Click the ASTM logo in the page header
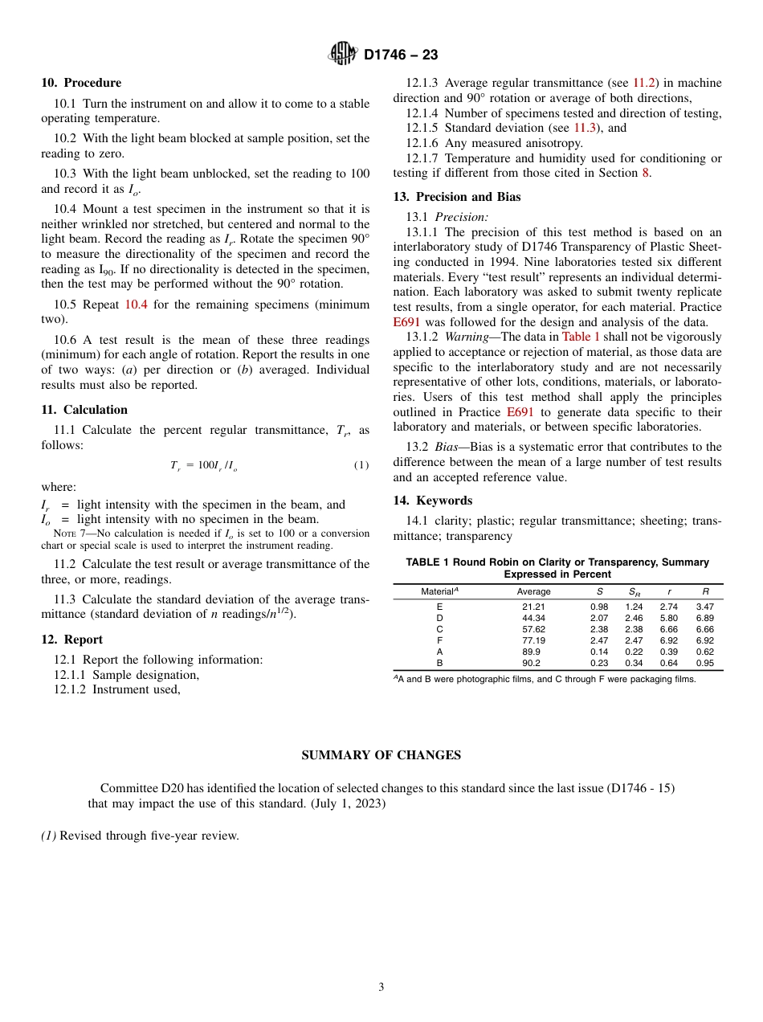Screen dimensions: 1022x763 (343, 55)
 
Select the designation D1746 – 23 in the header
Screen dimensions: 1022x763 (401, 55)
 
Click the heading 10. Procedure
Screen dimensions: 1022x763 (81, 83)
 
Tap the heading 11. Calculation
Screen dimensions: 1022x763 (84, 410)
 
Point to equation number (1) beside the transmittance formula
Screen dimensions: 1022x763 (361, 466)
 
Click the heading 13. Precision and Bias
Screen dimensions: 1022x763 (457, 197)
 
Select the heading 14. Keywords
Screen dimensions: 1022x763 (433, 501)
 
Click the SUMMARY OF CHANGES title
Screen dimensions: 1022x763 (381, 755)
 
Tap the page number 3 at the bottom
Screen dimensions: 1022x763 (381, 987)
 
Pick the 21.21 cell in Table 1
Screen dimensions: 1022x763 (533, 607)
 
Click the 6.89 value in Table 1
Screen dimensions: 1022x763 (705, 618)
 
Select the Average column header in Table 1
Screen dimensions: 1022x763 (533, 591)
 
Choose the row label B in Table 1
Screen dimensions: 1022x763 (439, 663)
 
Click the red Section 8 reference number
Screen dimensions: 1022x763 (648, 173)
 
